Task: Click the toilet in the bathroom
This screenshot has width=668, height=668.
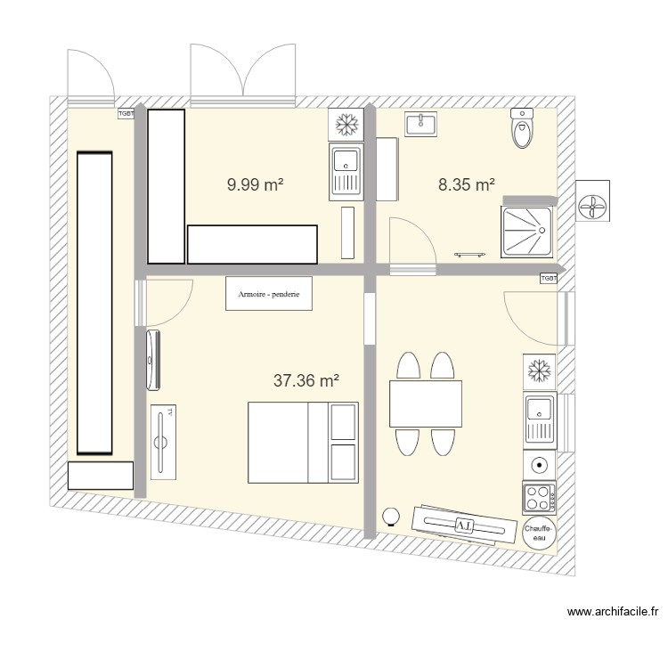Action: pyautogui.click(x=522, y=130)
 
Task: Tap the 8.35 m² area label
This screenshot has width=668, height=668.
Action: pyautogui.click(x=466, y=184)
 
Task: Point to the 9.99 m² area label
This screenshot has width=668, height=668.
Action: pyautogui.click(x=256, y=184)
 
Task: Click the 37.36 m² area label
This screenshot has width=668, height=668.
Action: pyautogui.click(x=305, y=381)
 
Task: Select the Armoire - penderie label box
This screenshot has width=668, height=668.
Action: pyautogui.click(x=269, y=293)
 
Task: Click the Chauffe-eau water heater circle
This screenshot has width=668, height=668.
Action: pyautogui.click(x=539, y=533)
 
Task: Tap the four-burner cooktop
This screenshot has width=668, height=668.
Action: pyautogui.click(x=539, y=495)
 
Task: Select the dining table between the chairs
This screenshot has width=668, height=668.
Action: pyautogui.click(x=425, y=403)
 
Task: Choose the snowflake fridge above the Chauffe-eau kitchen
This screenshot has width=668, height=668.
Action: pyautogui.click(x=539, y=370)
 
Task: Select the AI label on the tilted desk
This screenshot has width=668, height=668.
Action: pyautogui.click(x=463, y=525)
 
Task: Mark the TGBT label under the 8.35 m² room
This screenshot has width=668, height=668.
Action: pyautogui.click(x=549, y=279)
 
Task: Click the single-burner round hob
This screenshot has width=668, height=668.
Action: pyautogui.click(x=539, y=464)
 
